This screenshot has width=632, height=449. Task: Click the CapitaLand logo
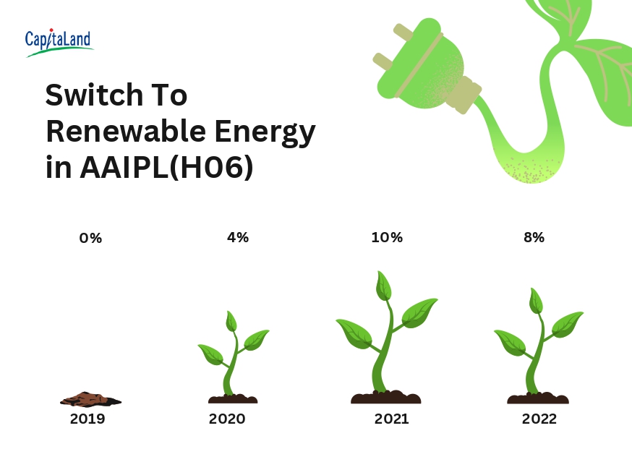click(x=59, y=43)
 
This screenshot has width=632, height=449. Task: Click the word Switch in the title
click(x=94, y=95)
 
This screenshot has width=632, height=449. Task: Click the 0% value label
click(x=90, y=238)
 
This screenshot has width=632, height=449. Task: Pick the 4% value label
click(x=238, y=237)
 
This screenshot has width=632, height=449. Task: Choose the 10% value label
click(x=387, y=237)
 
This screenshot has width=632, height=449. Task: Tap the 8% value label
click(x=534, y=237)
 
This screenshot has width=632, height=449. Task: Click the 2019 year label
click(x=87, y=419)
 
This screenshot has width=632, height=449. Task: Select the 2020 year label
click(x=227, y=419)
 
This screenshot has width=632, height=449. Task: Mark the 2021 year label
click(x=391, y=419)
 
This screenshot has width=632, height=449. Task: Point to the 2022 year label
click(x=539, y=419)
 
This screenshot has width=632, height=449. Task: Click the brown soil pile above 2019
click(x=90, y=399)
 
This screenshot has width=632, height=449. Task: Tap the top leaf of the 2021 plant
click(x=384, y=286)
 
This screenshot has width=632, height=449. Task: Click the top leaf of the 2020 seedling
click(x=231, y=321)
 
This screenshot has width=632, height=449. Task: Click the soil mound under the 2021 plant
click(x=385, y=397)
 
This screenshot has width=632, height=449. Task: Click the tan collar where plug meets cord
click(x=465, y=94)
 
